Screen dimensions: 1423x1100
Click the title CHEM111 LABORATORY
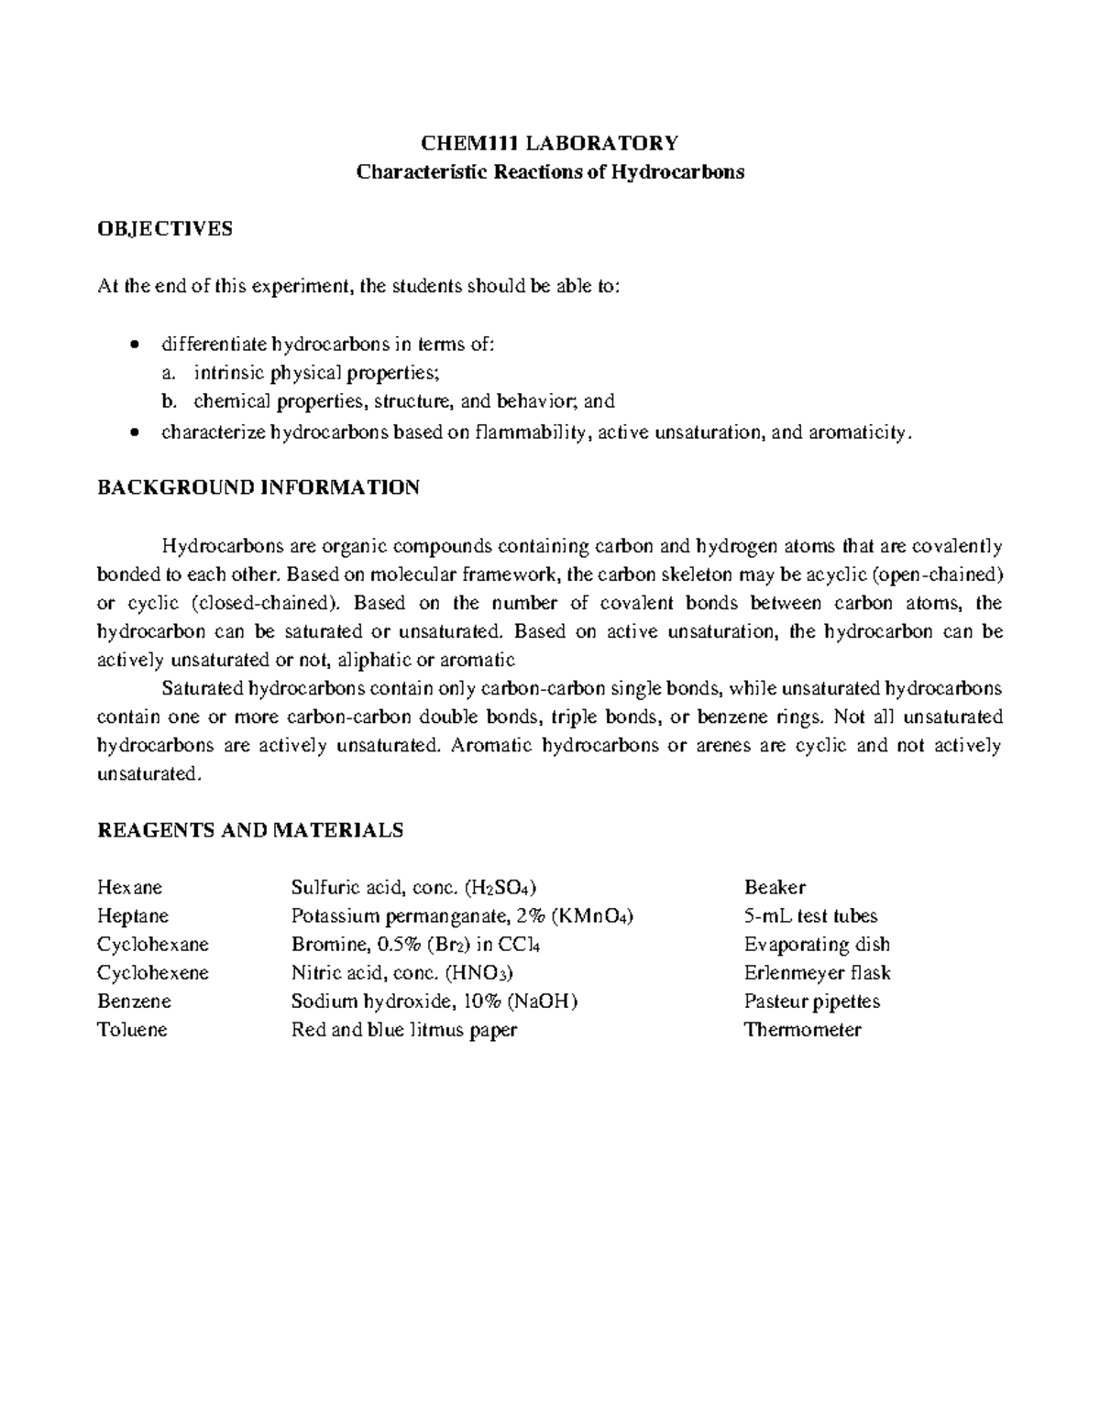pyautogui.click(x=549, y=143)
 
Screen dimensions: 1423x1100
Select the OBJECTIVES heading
pyautogui.click(x=165, y=229)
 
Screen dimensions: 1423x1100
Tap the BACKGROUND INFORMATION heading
pyautogui.click(x=258, y=487)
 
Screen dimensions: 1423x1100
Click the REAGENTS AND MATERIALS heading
pyautogui.click(x=249, y=830)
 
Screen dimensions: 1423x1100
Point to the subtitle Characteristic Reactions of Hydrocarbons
pyautogui.click(x=549, y=172)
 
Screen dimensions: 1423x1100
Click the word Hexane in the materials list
pyautogui.click(x=129, y=887)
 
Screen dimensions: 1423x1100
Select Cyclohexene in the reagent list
pyautogui.click(x=153, y=972)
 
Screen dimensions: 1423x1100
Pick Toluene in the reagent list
pyautogui.click(x=132, y=1029)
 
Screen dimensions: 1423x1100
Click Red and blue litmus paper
pyautogui.click(x=404, y=1029)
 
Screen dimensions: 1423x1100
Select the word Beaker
pyautogui.click(x=775, y=887)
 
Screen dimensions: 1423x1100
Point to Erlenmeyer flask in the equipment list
pyautogui.click(x=817, y=972)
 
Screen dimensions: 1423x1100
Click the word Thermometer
pyautogui.click(x=802, y=1029)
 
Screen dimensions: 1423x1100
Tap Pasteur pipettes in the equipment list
pyautogui.click(x=811, y=1001)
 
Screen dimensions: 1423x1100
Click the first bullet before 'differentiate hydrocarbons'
pyautogui.click(x=136, y=346)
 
